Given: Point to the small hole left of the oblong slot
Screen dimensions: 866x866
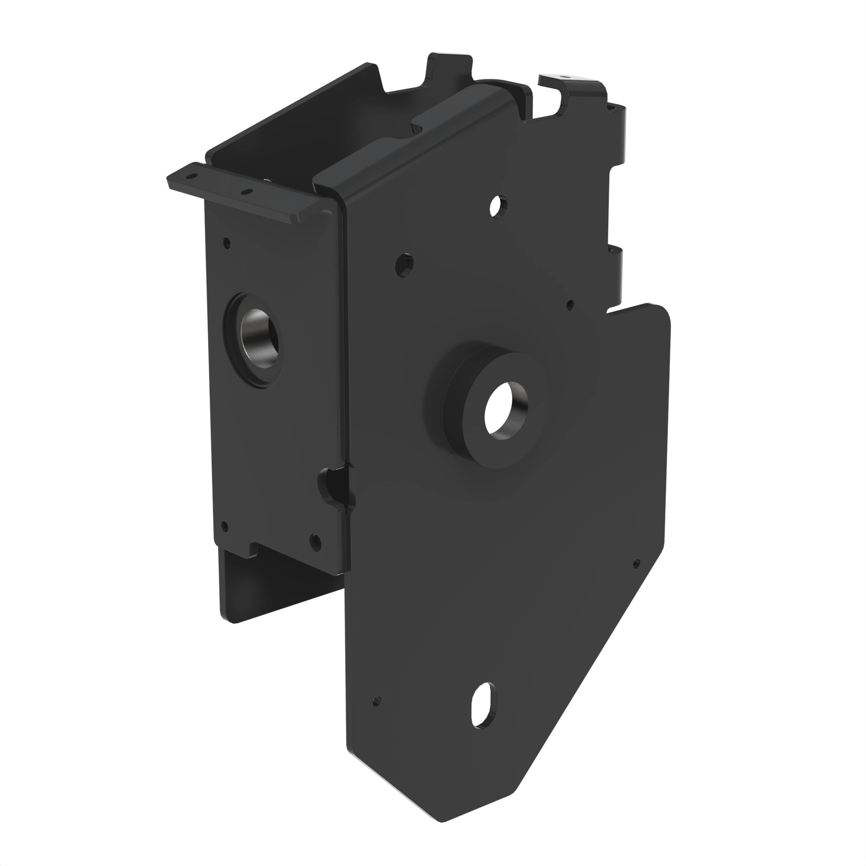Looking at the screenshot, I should [377, 701].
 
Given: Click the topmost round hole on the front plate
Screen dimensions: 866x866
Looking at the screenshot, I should [497, 206].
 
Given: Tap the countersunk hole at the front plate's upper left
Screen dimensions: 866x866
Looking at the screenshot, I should [404, 265].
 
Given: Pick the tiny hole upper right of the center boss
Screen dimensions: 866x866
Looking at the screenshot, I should [570, 305].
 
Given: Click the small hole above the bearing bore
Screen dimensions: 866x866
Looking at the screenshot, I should [227, 244].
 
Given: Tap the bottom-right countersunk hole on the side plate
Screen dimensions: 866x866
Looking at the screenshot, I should [315, 542].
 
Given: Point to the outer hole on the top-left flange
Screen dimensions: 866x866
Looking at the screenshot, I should [192, 177].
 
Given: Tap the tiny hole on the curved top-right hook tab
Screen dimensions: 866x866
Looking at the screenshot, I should [565, 77].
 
